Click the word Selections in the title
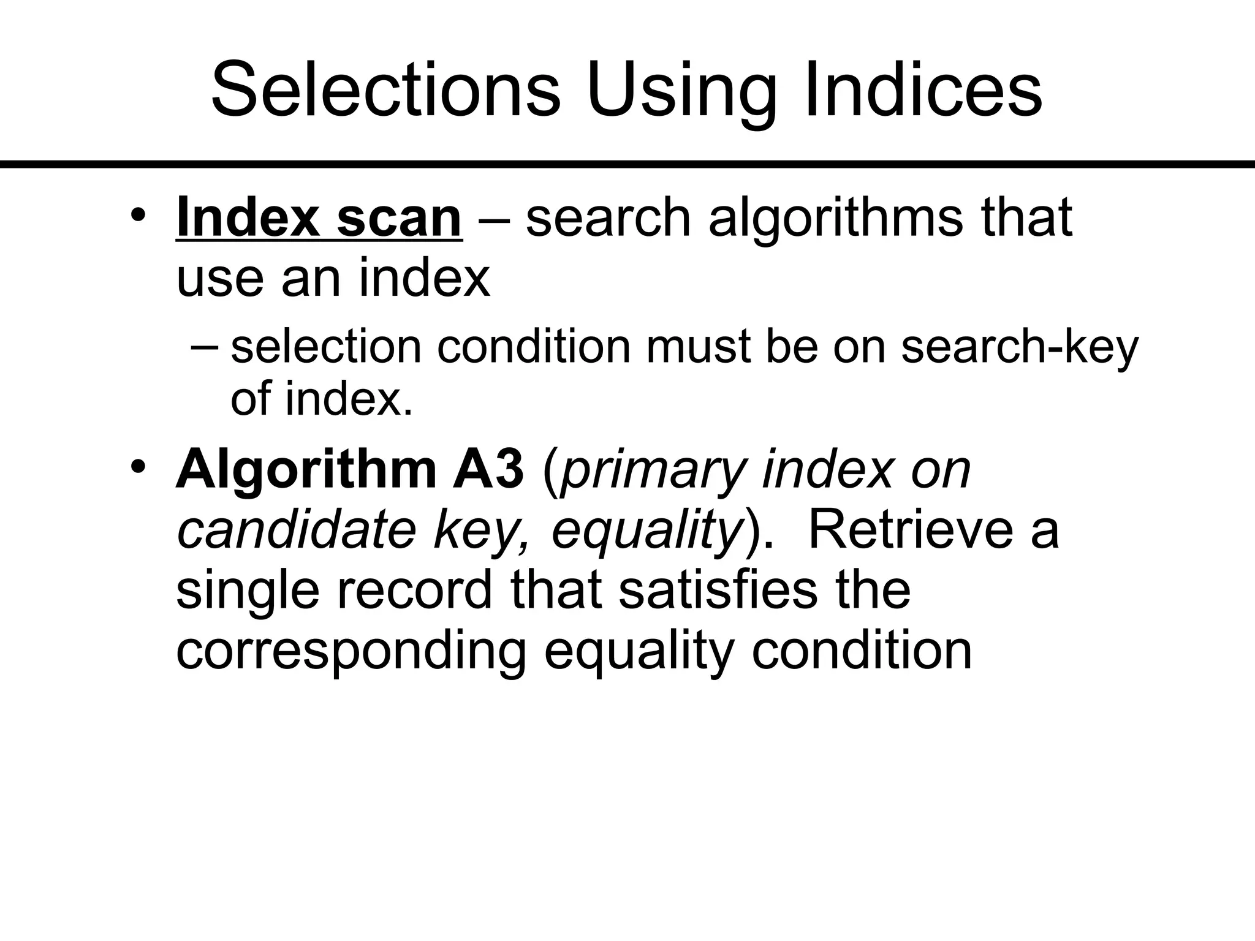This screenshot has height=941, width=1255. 385,89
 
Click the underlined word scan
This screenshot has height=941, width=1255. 399,219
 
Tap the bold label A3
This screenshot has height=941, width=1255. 488,469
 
